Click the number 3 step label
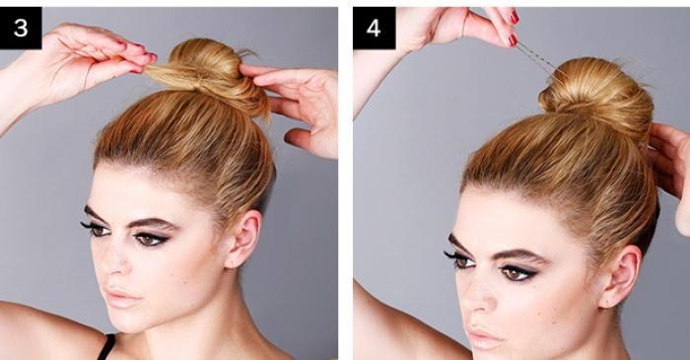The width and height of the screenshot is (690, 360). pos(21,29)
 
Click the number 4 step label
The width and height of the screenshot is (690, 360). pos(374,29)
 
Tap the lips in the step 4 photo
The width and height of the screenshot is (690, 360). pos(484,336)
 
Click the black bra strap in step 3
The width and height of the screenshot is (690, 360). pos(106,347)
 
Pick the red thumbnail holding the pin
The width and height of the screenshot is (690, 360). pos(513,40)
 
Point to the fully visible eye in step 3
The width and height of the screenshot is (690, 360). pos(151,239)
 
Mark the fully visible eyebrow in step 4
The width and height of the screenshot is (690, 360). pos(521,255)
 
